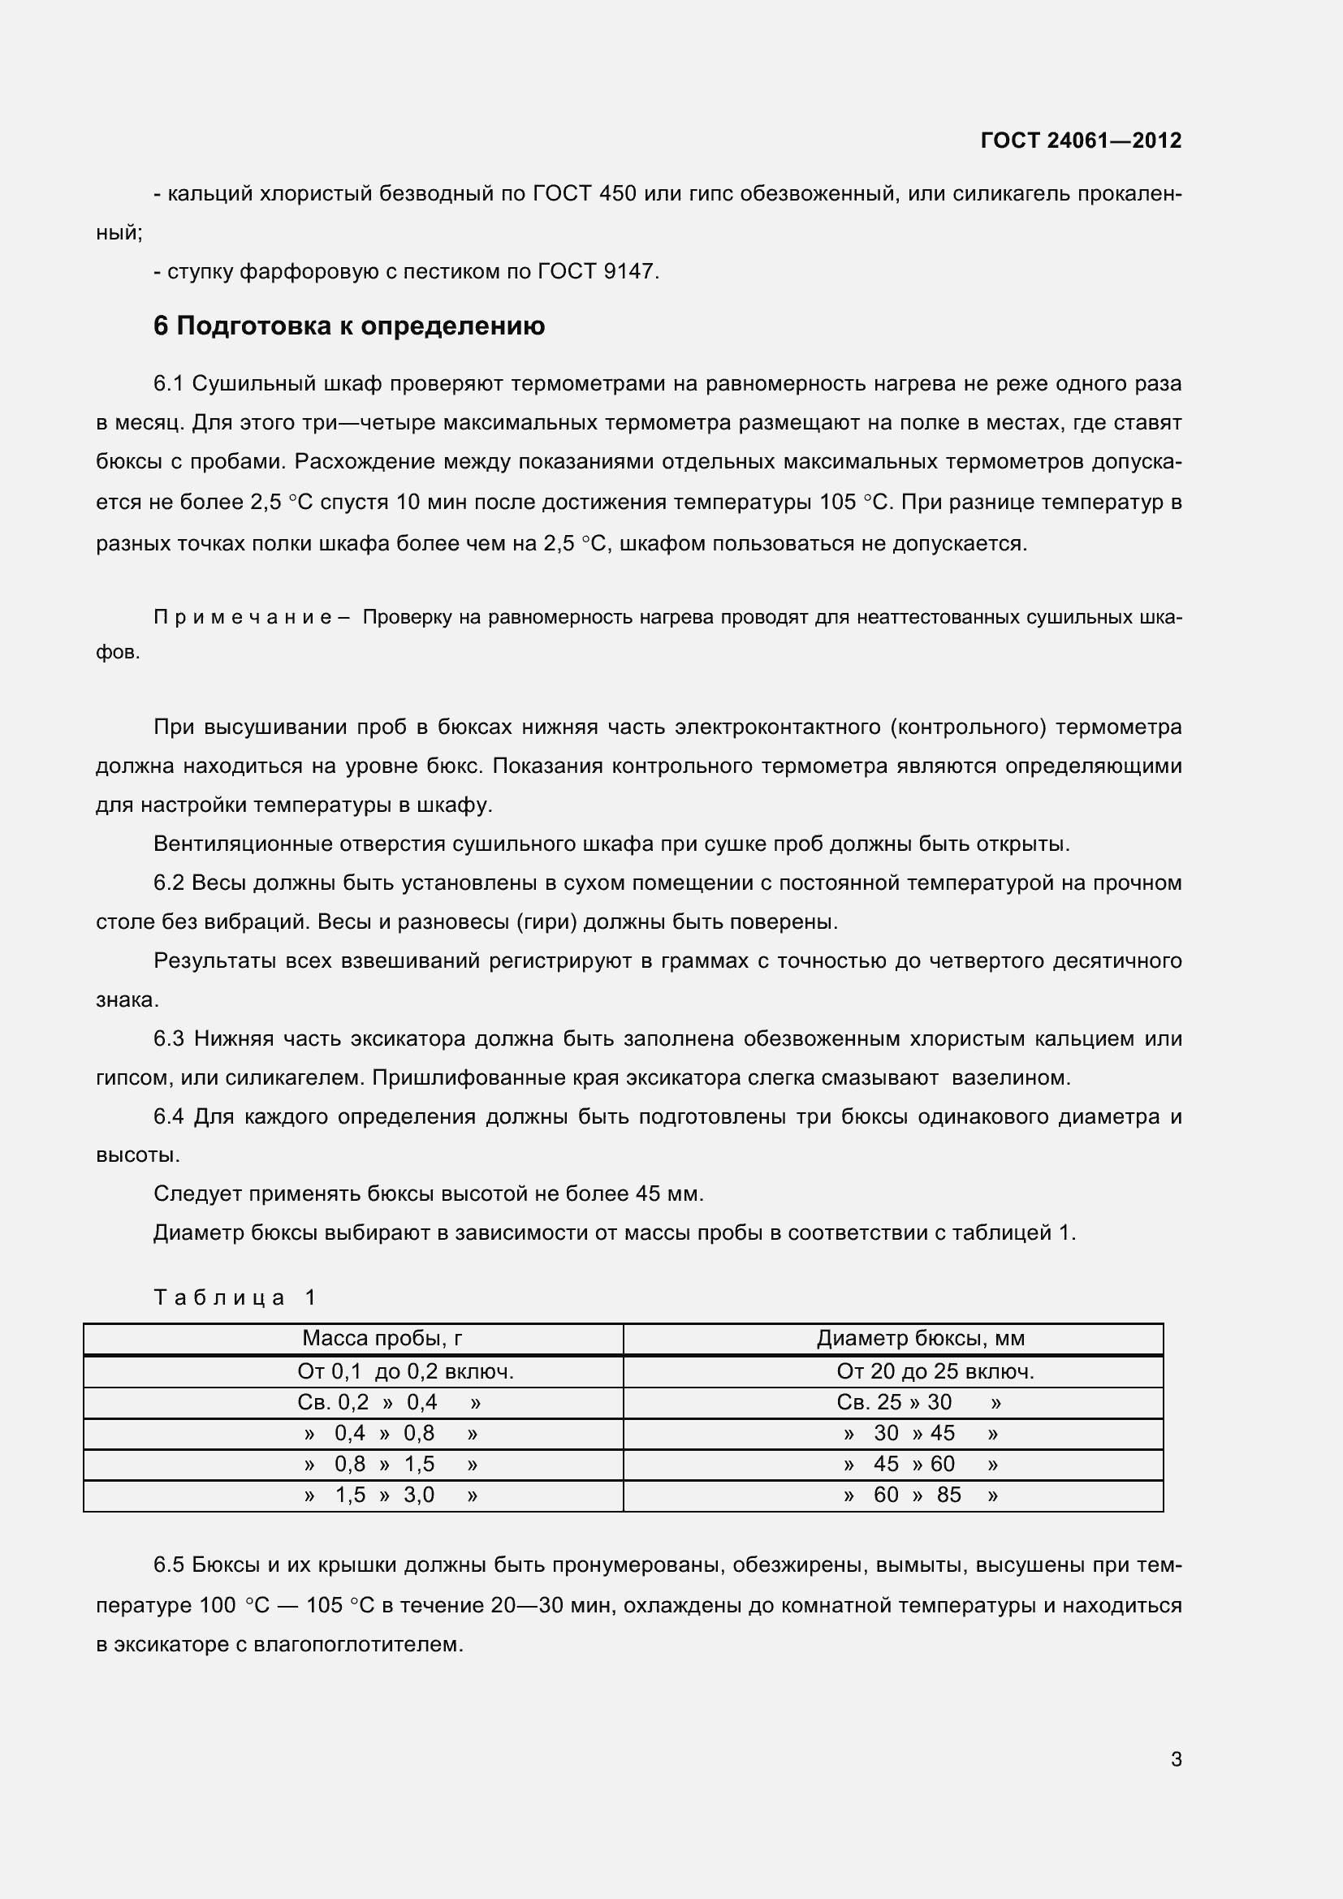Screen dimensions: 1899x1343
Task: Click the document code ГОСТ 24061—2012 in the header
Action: click(1080, 140)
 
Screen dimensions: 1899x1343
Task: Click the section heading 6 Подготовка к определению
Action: click(349, 326)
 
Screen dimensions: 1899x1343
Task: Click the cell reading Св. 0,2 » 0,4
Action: click(389, 1402)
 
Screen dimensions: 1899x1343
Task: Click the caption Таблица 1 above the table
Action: click(235, 1297)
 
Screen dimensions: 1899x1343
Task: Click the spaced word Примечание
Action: click(243, 617)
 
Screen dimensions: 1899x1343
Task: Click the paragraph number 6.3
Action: click(169, 1039)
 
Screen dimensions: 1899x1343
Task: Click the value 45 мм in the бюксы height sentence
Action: click(668, 1193)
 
